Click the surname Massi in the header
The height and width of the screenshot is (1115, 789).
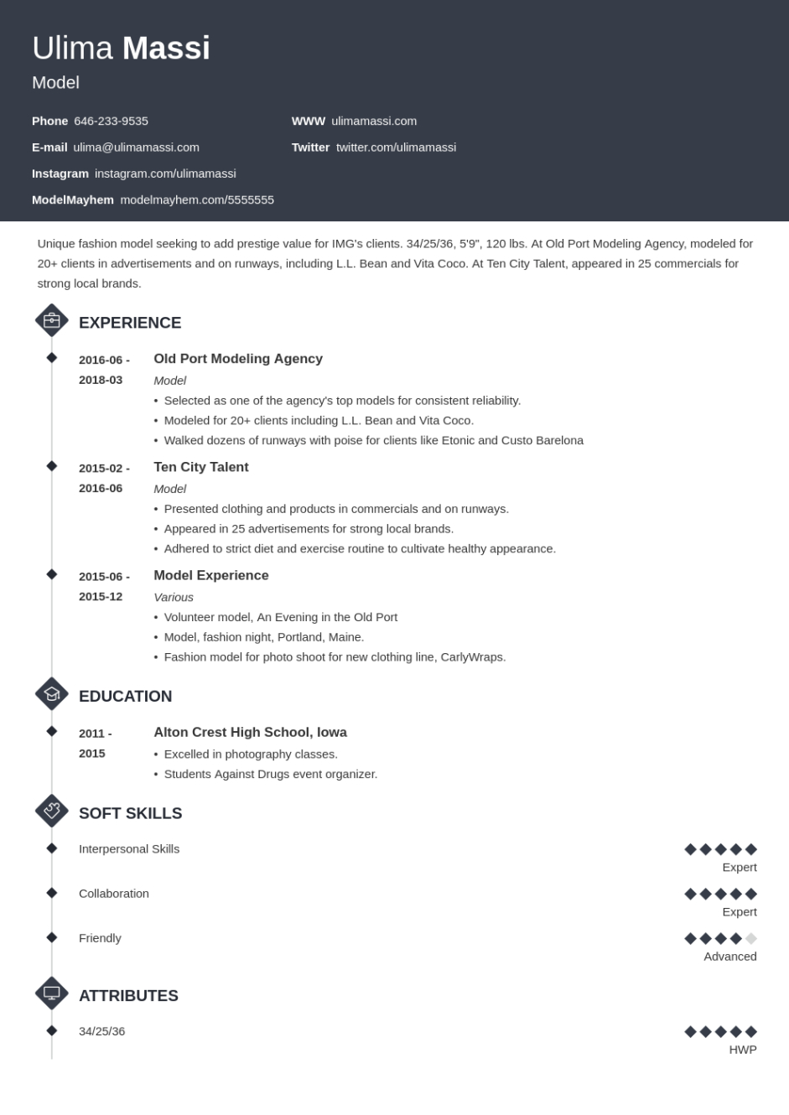[166, 49]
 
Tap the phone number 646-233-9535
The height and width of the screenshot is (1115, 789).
[111, 121]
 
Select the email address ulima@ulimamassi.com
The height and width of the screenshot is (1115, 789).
[136, 148]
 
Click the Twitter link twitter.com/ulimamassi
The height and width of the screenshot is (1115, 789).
[396, 148]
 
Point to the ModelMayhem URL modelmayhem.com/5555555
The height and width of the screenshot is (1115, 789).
[197, 200]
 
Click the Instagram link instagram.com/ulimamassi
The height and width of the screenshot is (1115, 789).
[165, 174]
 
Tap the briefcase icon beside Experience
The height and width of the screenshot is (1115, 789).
[52, 320]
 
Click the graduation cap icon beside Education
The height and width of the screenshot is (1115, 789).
[52, 694]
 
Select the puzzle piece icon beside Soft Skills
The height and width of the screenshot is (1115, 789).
[52, 811]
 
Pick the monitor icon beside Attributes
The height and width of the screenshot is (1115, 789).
[52, 993]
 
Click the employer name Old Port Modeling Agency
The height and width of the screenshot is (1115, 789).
[238, 359]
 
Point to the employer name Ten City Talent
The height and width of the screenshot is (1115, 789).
[201, 467]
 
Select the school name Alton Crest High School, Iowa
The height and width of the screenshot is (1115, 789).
[250, 733]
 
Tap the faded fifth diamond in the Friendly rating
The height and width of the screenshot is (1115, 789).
[751, 939]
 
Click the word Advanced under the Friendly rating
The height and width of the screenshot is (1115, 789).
[729, 957]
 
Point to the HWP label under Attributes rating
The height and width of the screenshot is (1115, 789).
[742, 1050]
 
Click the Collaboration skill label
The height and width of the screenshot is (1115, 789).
[114, 894]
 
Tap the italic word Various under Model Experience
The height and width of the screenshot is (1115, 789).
[174, 598]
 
